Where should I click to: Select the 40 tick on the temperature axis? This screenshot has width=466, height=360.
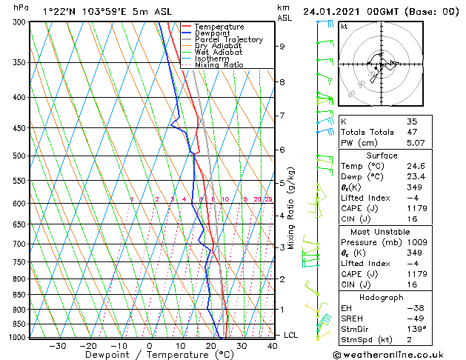pos(273,345)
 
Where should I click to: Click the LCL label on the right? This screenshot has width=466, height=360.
pos(291,335)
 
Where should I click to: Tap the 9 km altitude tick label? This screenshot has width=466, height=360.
pos(282,46)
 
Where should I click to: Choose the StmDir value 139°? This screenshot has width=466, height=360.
pos(415,329)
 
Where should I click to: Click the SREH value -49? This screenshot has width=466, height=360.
pos(413,319)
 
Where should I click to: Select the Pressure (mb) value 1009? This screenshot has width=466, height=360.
pos(415,241)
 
